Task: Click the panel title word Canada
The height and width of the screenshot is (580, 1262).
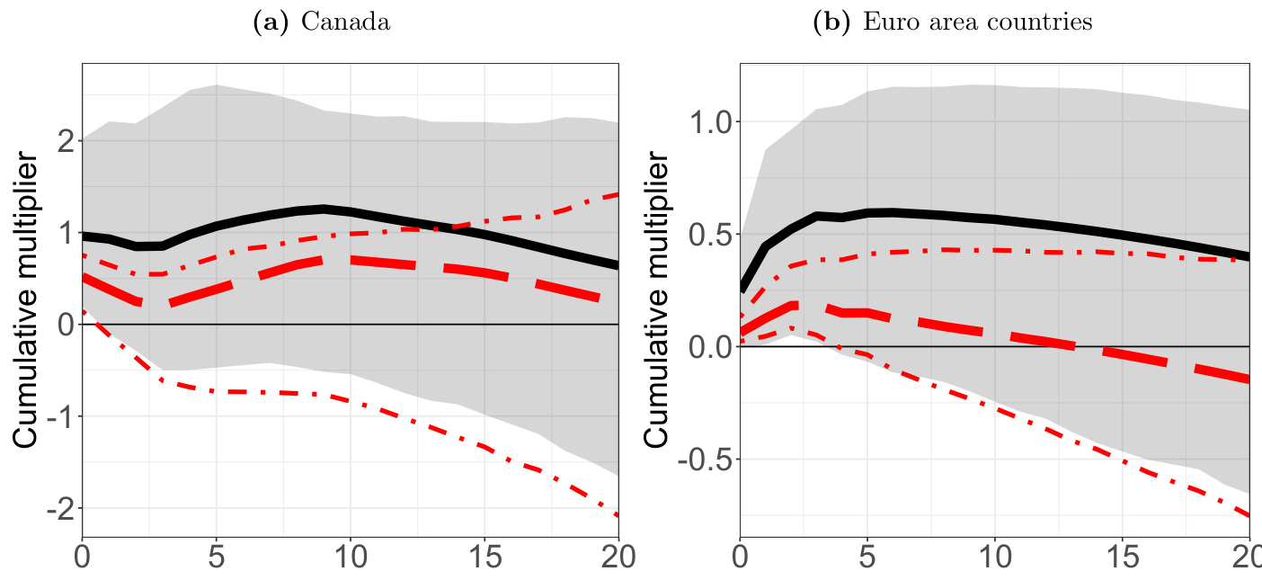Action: click(346, 22)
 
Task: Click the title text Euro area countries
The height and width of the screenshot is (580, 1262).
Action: click(978, 22)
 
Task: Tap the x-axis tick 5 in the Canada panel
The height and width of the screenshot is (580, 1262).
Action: click(217, 557)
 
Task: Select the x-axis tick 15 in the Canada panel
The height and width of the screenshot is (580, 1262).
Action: click(484, 557)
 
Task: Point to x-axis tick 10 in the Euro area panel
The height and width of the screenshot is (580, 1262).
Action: click(995, 557)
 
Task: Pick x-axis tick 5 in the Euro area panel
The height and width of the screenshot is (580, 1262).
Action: click(867, 557)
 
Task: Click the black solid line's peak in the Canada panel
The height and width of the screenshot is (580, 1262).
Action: click(324, 209)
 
